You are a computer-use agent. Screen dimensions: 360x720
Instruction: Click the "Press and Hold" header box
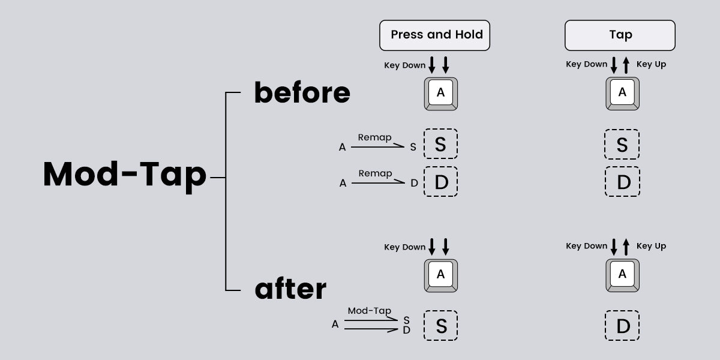click(x=435, y=35)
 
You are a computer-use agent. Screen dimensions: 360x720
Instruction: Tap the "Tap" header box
click(x=620, y=35)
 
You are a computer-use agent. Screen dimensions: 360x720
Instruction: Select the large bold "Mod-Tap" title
click(x=125, y=175)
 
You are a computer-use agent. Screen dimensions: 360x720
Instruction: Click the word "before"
click(x=302, y=93)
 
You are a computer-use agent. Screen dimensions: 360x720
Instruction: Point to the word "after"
click(x=290, y=289)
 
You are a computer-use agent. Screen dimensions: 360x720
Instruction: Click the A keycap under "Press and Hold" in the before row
click(x=441, y=94)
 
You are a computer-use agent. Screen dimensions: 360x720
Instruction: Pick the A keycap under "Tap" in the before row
click(x=622, y=94)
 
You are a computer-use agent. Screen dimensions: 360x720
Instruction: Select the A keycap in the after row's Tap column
click(x=622, y=275)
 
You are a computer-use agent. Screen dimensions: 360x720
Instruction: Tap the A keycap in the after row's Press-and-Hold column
click(x=441, y=275)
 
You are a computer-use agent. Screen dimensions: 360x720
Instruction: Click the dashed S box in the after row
click(x=441, y=326)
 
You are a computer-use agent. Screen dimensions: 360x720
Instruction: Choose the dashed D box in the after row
click(x=623, y=326)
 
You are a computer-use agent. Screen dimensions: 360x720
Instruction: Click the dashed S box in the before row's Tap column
click(x=622, y=145)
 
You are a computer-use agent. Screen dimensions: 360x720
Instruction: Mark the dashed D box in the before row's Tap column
click(x=623, y=182)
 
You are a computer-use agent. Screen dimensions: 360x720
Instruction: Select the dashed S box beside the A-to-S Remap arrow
click(x=440, y=145)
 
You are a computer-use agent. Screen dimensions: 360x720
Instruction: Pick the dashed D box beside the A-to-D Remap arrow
click(x=440, y=182)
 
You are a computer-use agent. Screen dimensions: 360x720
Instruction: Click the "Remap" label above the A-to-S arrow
click(x=374, y=137)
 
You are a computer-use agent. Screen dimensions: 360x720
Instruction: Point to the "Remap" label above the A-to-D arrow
click(x=375, y=173)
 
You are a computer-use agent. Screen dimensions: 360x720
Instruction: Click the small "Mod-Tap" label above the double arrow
click(x=369, y=311)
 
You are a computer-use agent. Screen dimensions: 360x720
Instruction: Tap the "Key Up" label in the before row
click(x=651, y=64)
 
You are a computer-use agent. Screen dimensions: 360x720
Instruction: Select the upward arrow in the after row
click(x=626, y=247)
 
